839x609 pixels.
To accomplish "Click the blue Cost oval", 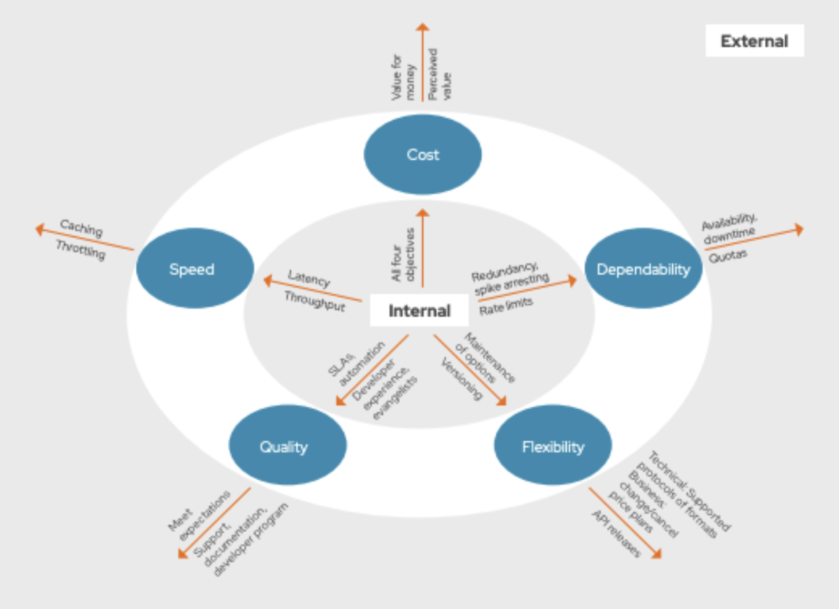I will click(x=423, y=155).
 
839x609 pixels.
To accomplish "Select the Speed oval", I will click(x=194, y=269).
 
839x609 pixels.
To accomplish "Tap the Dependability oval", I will click(x=643, y=269).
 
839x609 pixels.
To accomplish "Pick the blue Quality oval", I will click(x=287, y=447).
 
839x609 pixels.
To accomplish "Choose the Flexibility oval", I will click(x=553, y=447).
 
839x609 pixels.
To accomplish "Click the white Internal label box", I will click(x=419, y=311).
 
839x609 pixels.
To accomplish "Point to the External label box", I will click(x=754, y=41).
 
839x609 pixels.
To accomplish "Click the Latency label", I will click(x=309, y=279).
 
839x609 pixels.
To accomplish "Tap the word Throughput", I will click(x=314, y=302).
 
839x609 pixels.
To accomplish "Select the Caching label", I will click(x=81, y=228).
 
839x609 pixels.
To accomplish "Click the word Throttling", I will click(x=80, y=249).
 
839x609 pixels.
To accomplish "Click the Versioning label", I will click(x=462, y=378).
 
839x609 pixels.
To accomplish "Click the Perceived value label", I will click(x=440, y=74).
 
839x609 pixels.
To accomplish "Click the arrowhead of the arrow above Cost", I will click(x=423, y=27).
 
